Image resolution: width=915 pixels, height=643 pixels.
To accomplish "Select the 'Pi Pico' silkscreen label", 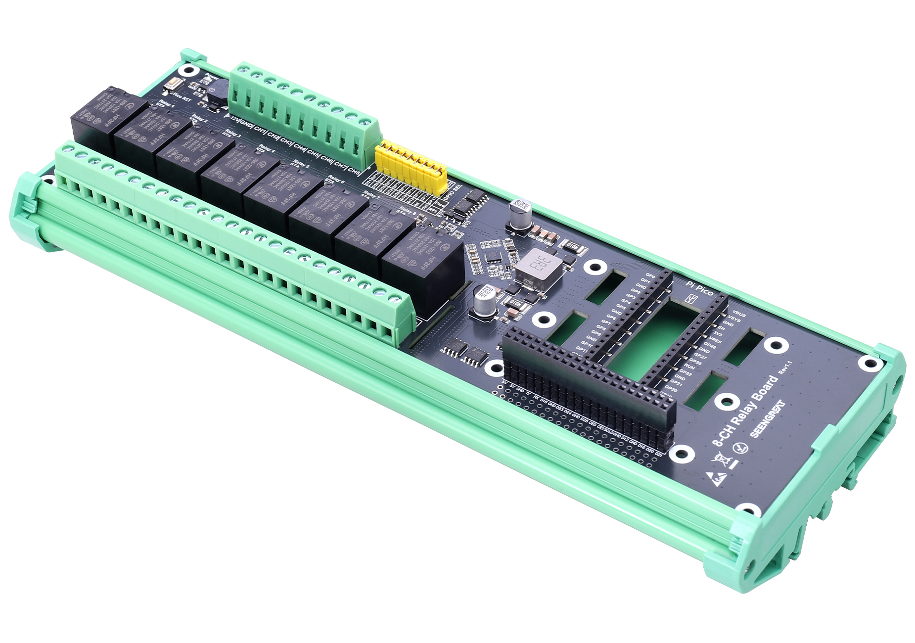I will tap(699, 289).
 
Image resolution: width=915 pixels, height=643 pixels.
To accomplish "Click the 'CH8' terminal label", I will tap(353, 171).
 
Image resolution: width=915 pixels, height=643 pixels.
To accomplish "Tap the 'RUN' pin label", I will tap(689, 367).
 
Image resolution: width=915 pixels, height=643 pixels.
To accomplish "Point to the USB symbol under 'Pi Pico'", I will tap(692, 299).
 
